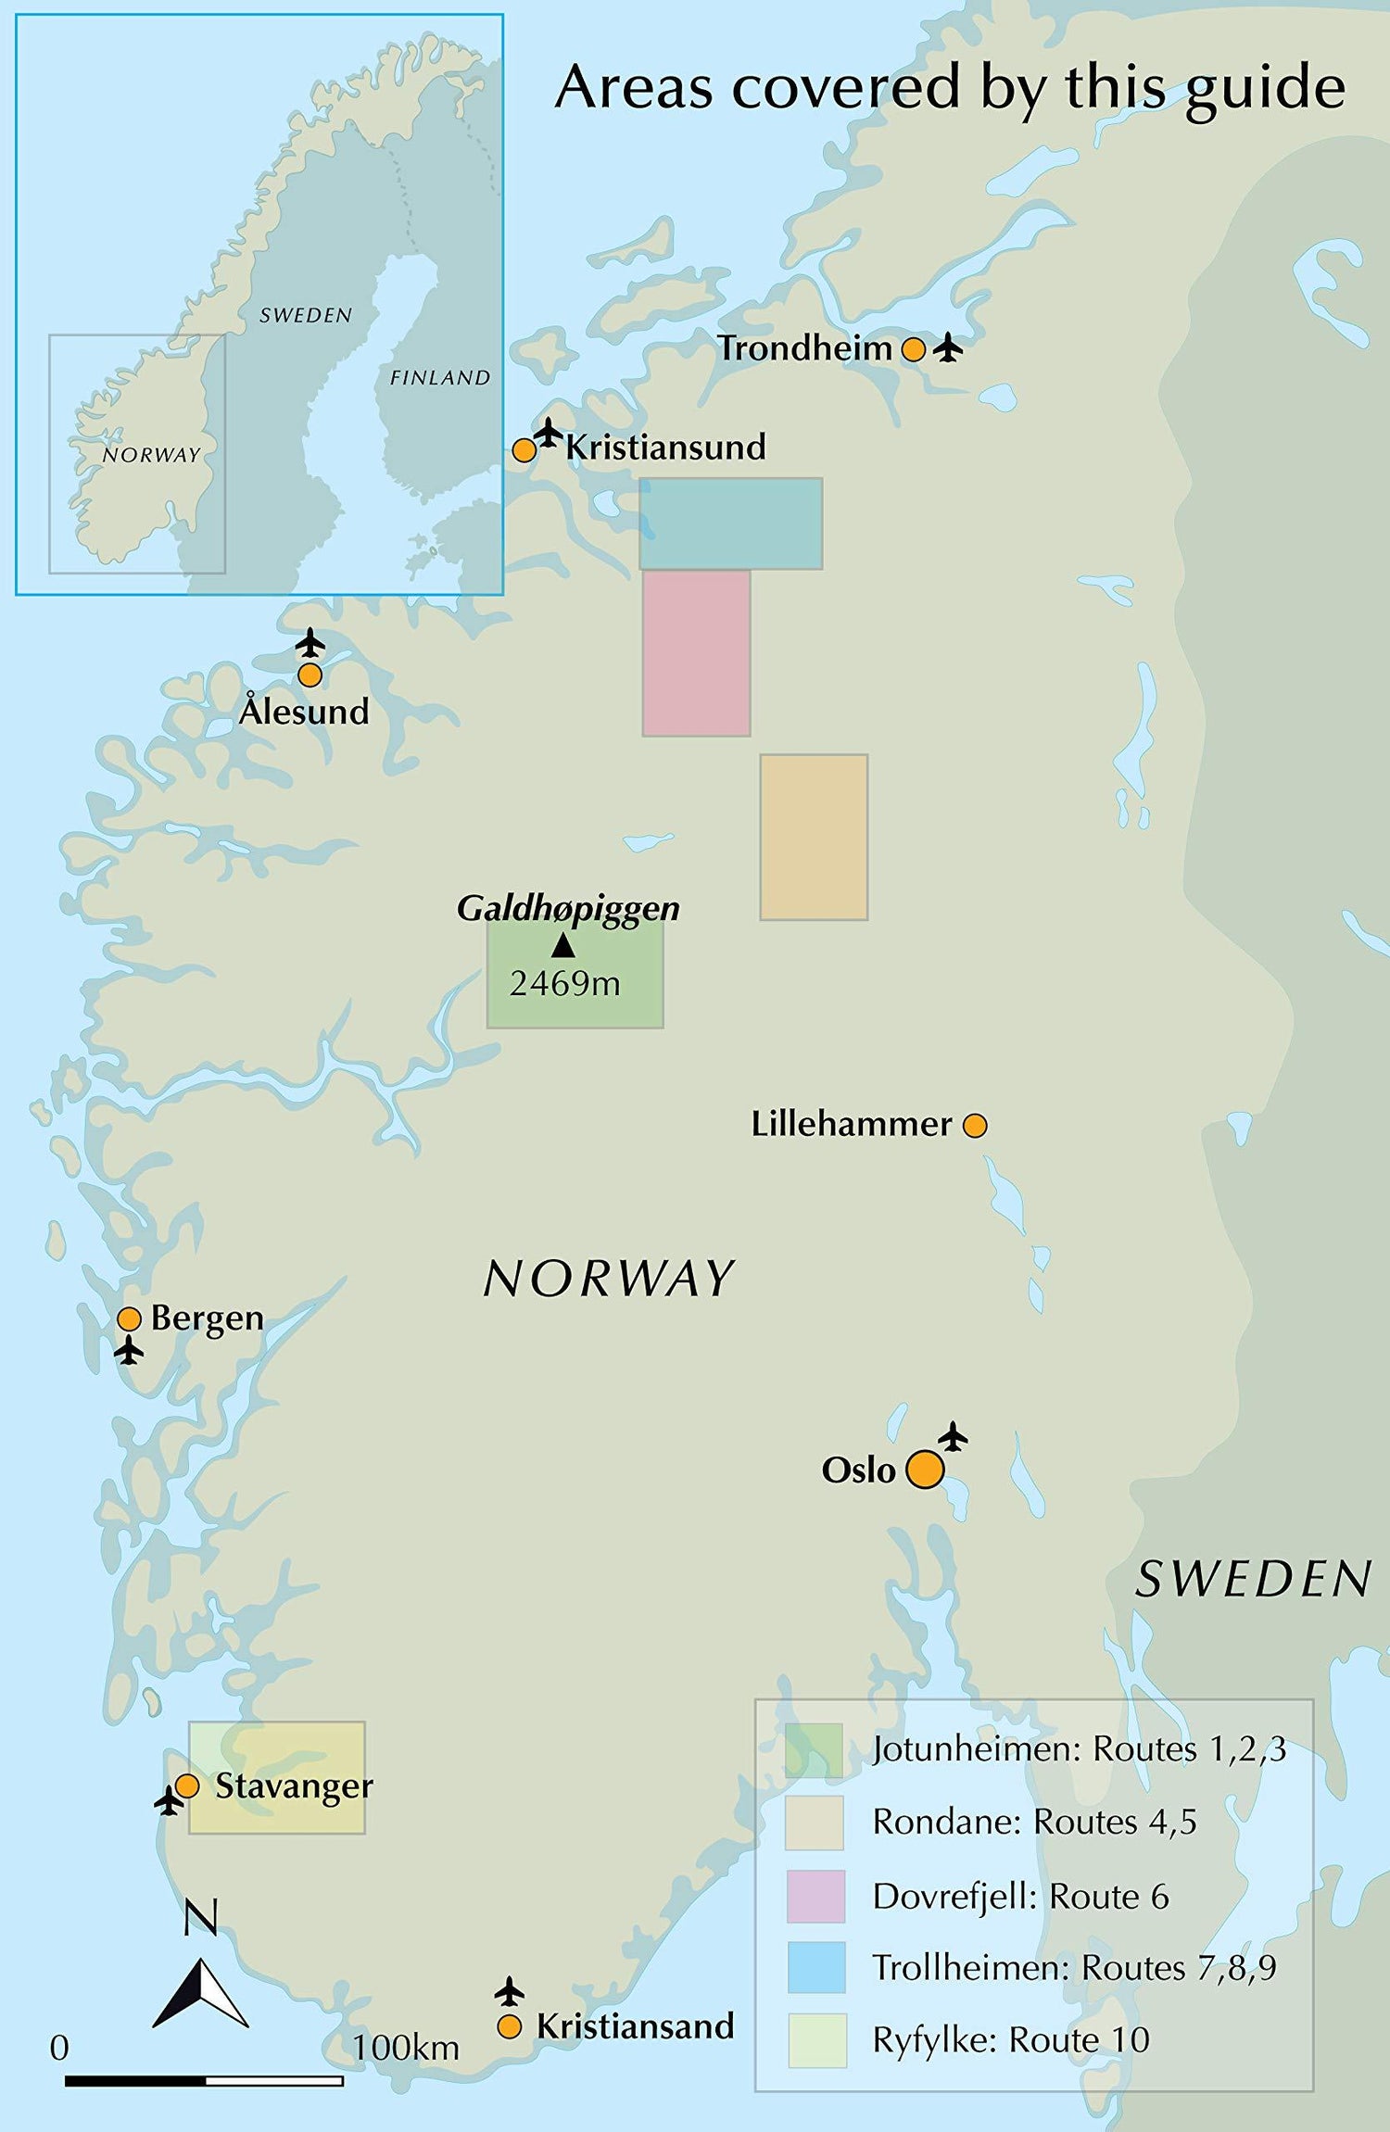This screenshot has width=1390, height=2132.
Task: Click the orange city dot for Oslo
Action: [924, 1470]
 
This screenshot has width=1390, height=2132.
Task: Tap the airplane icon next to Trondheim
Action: [947, 348]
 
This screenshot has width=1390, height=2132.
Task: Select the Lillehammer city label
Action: [851, 1124]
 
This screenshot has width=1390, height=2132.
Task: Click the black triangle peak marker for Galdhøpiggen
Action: [562, 945]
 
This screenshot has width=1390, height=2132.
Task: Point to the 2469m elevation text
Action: [564, 983]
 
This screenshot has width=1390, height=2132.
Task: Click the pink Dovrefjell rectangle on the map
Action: [696, 653]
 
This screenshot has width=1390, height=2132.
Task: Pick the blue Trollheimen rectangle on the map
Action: [730, 524]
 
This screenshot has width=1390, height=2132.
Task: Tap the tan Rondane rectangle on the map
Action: [814, 837]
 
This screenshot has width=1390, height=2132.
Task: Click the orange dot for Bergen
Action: [129, 1318]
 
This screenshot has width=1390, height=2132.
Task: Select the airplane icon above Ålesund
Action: [310, 642]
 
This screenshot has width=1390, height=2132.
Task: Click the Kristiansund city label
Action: [665, 448]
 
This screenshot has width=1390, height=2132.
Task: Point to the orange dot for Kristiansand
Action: [509, 2026]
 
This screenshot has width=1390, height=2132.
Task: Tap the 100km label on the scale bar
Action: [406, 2048]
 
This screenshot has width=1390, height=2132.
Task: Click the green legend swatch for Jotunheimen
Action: [814, 1749]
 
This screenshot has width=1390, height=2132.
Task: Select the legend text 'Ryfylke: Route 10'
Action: [1010, 2039]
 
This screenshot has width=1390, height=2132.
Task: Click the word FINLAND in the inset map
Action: [439, 378]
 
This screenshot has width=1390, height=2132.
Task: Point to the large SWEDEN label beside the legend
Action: [1253, 1579]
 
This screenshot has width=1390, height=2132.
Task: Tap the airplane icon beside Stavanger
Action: [168, 1801]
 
